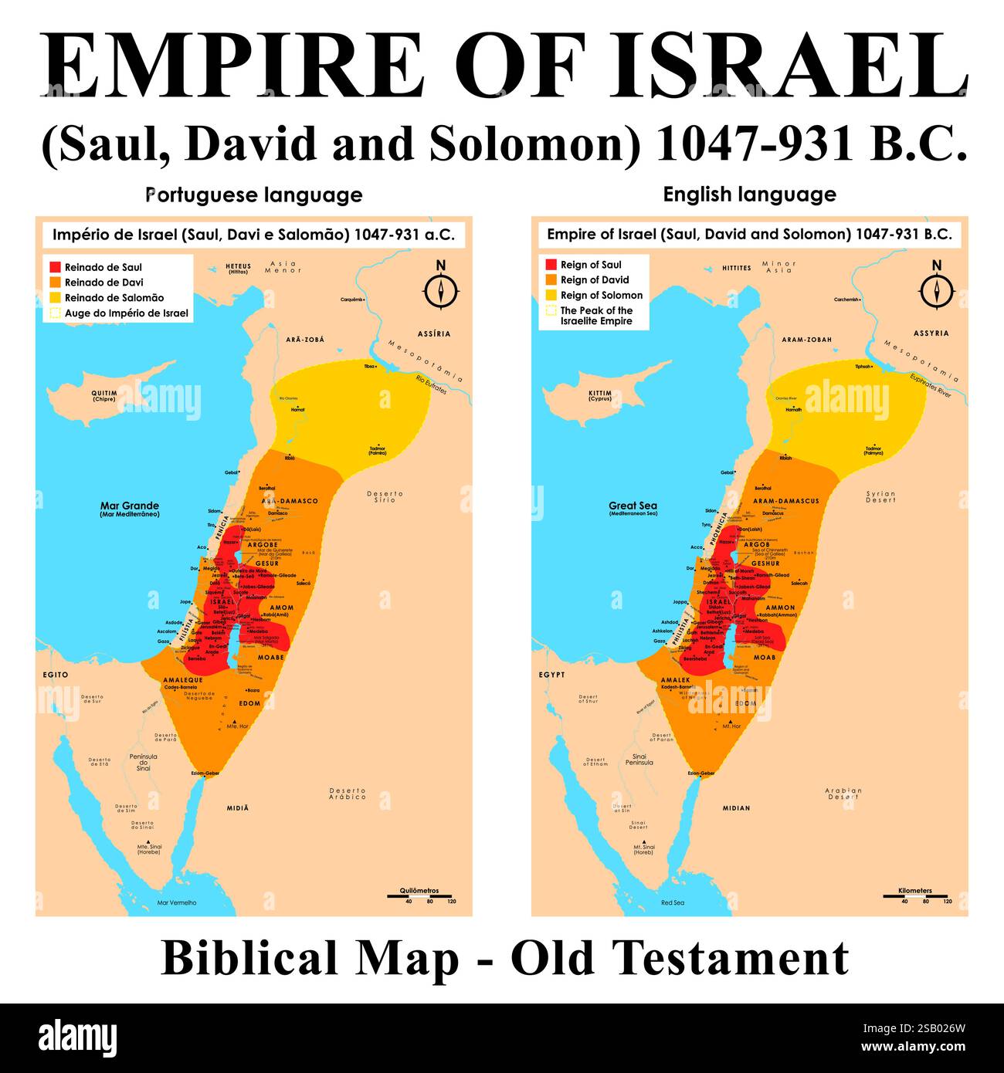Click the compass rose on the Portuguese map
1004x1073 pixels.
441,289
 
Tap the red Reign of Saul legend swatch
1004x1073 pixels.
551,265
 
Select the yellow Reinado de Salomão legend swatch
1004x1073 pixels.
55,297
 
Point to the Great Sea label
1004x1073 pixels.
633,507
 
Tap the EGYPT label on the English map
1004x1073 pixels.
551,675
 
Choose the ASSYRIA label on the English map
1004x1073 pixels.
931,333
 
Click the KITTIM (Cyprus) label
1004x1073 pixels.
599,395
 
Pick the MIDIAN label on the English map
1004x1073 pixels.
736,808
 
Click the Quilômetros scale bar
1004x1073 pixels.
419,896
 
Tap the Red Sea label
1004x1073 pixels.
672,902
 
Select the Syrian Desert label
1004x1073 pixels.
880,496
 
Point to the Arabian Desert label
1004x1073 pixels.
843,793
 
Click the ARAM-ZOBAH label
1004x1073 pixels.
806,340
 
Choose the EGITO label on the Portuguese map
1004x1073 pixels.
56,675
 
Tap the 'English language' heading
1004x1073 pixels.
749,195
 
